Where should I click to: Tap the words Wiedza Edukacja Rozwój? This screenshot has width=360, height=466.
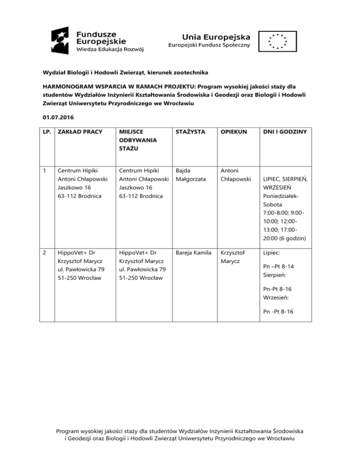pos(110,49)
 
